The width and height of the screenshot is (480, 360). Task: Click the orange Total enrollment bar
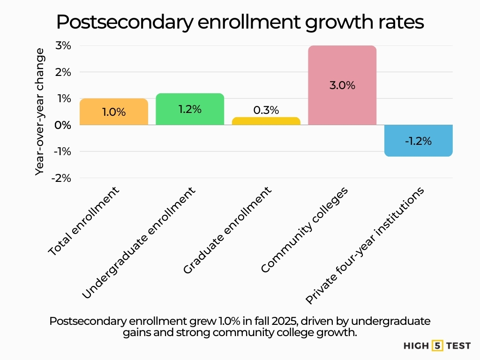coord(114,112)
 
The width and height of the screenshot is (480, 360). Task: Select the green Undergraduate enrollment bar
coord(190,109)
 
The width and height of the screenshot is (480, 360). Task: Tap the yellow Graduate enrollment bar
coord(266,121)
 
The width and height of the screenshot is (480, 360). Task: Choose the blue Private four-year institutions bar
coord(418,141)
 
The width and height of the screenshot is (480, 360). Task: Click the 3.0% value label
coord(342,86)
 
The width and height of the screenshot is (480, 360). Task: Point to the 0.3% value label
coord(266,110)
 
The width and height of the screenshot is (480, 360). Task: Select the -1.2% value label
coord(418,141)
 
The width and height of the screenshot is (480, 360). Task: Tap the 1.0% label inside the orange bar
coord(114,112)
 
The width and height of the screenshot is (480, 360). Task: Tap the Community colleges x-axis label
coord(305,230)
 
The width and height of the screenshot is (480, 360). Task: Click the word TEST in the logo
coord(458,346)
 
